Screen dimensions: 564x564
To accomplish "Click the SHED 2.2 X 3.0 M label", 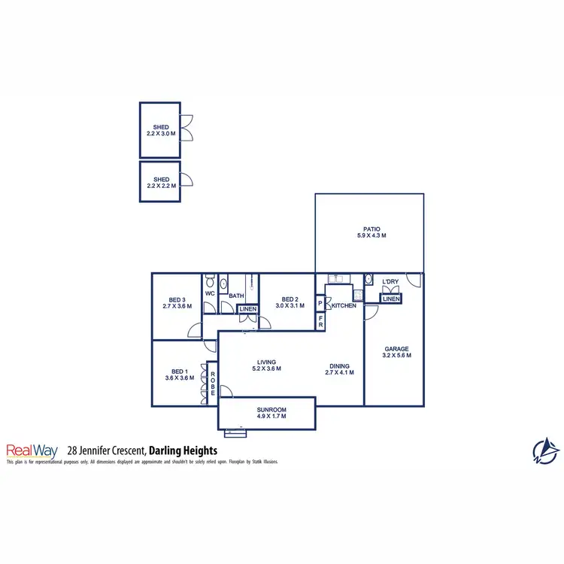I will tap(160, 130).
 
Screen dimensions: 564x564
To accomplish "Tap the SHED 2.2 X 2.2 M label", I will tap(160, 183).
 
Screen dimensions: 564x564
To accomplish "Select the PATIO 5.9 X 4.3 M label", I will tap(371, 232).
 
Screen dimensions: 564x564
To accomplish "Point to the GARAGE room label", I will tap(396, 352).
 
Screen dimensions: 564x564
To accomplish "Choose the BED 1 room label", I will tap(178, 374).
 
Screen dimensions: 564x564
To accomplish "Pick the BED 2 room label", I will tap(289, 302).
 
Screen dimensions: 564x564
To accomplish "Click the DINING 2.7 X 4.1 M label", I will tap(339, 368).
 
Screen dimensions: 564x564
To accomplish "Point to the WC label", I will tap(211, 293).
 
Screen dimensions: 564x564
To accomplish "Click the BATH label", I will tap(236, 296).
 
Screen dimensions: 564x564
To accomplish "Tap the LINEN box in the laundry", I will tap(390, 299).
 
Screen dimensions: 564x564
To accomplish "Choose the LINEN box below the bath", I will tap(247, 309).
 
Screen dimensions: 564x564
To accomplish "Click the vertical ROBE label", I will tap(213, 383).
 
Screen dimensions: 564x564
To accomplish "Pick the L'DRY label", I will tap(390, 282).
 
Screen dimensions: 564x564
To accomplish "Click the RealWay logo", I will tap(32, 450).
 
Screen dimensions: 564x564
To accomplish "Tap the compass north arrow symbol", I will tap(546, 450).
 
